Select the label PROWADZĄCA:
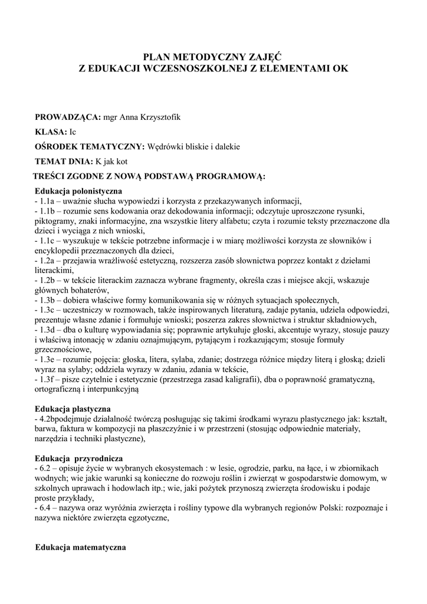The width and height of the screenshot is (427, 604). (68, 117)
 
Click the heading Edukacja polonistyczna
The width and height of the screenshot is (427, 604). (78, 191)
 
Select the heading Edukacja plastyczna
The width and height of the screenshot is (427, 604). (73, 408)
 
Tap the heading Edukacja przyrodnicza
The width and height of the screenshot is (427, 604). (78, 458)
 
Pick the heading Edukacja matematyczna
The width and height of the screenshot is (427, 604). (81, 547)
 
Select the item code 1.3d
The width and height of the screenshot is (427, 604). (48, 329)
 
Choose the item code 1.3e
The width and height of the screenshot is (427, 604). (48, 359)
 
